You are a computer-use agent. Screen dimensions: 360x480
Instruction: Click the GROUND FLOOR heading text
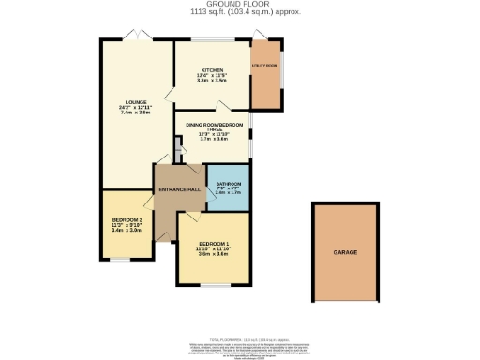[x=240, y=4]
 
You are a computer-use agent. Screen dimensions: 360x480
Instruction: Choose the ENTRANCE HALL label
[x=180, y=190]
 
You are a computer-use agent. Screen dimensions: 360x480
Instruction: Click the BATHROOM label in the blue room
[x=229, y=183]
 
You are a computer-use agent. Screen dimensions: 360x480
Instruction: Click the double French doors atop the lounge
[x=138, y=36]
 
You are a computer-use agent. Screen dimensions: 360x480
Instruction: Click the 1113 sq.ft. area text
[x=240, y=12]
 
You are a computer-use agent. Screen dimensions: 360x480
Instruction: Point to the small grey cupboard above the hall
[x=176, y=147]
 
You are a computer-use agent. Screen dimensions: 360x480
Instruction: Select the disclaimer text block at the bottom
[x=240, y=349]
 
